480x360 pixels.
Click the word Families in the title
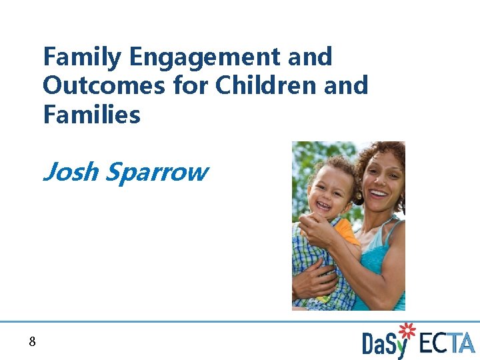coord(91,115)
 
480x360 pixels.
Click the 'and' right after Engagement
coord(311,57)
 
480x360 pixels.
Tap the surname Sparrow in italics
coord(157,172)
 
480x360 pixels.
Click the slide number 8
coord(32,343)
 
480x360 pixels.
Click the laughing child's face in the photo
coord(327,190)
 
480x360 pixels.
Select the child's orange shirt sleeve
coord(347,233)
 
